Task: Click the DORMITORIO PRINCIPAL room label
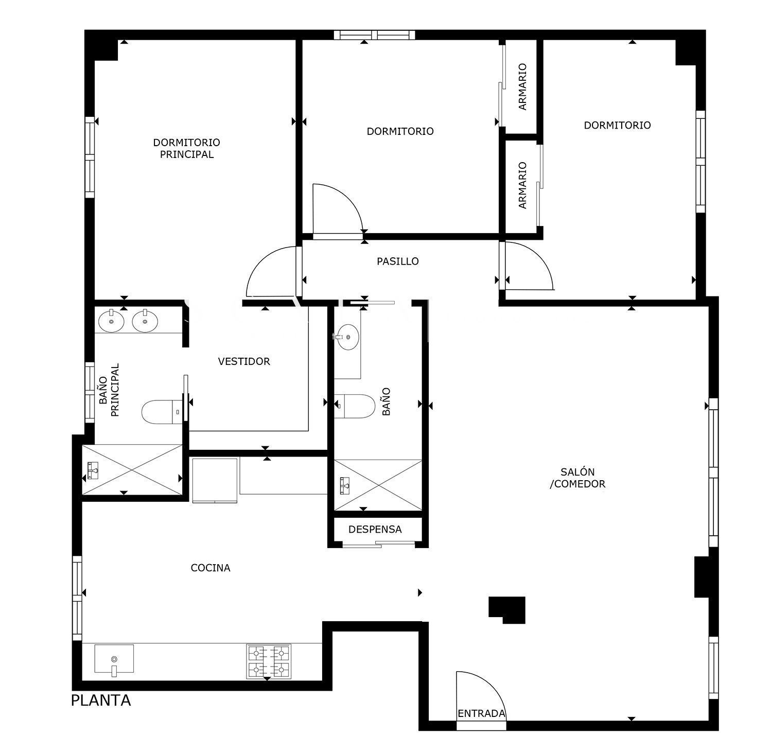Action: pyautogui.click(x=186, y=148)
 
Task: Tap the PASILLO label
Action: pyautogui.click(x=398, y=261)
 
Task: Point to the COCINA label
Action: pyautogui.click(x=210, y=568)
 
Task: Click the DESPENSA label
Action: pyautogui.click(x=375, y=529)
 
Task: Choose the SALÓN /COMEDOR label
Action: pyautogui.click(x=577, y=478)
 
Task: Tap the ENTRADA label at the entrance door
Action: pyautogui.click(x=482, y=714)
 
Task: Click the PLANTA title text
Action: pyautogui.click(x=101, y=700)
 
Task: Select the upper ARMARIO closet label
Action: pyautogui.click(x=523, y=86)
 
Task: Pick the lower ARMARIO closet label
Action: pyautogui.click(x=523, y=185)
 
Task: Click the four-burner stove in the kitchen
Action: pyautogui.click(x=269, y=661)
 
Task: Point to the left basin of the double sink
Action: pyautogui.click(x=111, y=321)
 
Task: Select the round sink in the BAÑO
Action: pyautogui.click(x=348, y=337)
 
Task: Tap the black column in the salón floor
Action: pyautogui.click(x=507, y=610)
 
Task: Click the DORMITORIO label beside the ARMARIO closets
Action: pyautogui.click(x=617, y=125)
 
